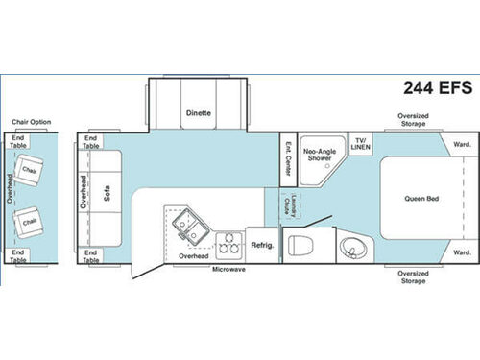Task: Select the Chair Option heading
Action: (31, 122)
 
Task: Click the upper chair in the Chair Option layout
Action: (32, 170)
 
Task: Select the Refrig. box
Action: (263, 245)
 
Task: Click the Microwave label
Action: (228, 269)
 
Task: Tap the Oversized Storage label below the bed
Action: (413, 276)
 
